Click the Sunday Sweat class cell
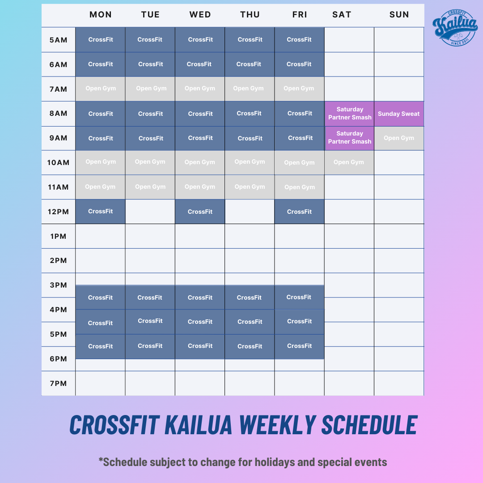pos(399,114)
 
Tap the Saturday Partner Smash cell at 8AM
pos(349,114)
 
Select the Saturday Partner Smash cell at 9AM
pos(349,138)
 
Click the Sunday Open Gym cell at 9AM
pos(399,138)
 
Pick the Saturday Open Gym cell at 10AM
pos(349,162)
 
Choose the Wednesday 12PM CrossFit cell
pos(200,212)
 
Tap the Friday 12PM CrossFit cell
pos(299,212)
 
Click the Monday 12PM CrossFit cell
pos(101,211)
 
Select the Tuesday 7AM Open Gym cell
pos(150,89)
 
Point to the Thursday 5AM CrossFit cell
pos(250,40)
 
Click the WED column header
pos(200,14)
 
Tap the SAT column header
pos(342,14)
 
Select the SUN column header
pos(399,14)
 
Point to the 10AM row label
pos(58,163)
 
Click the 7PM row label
pos(58,384)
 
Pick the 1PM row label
pos(58,236)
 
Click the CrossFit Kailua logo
pos(455,28)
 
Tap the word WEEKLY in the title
pos(278,425)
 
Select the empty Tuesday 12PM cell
pos(150,212)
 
